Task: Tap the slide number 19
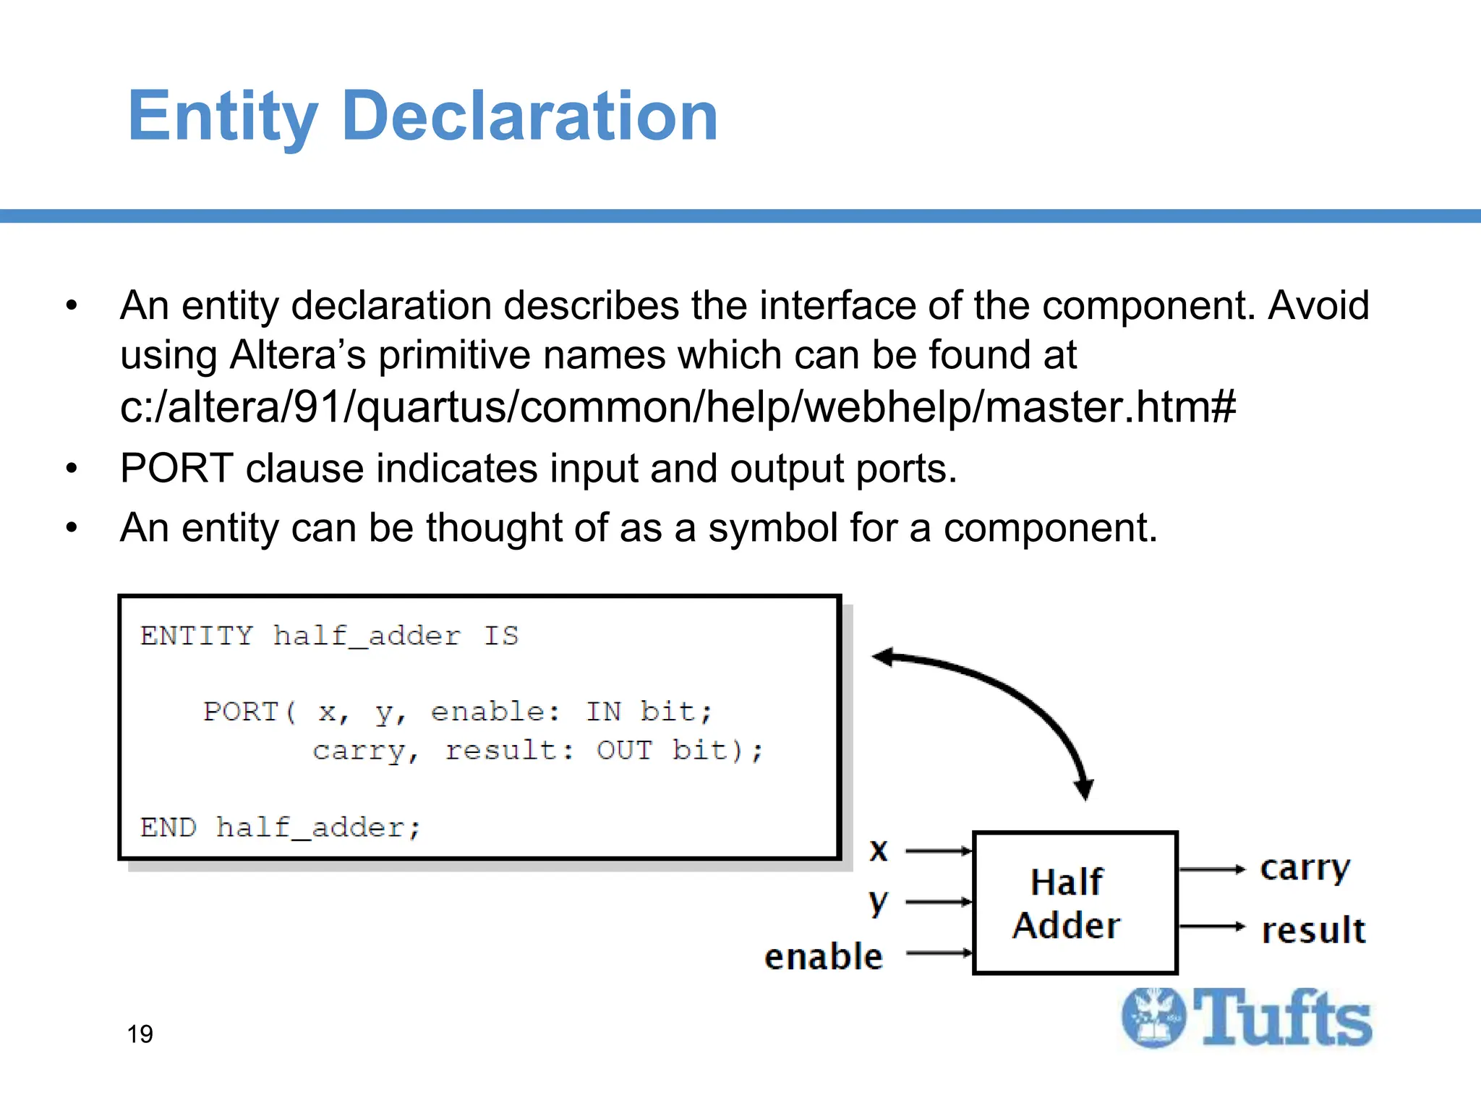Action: (140, 1034)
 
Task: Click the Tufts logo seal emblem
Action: (1153, 1018)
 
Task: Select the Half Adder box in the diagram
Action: (1075, 903)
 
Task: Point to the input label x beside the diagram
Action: (878, 850)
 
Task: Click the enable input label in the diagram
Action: (824, 956)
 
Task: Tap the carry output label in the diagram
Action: (1305, 868)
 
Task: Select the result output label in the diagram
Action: (1313, 930)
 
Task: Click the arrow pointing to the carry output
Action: (1211, 869)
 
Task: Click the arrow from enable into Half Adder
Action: (939, 953)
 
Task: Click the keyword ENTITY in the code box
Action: (197, 636)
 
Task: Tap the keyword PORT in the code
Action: (241, 712)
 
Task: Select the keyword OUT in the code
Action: (624, 750)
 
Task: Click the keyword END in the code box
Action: (168, 827)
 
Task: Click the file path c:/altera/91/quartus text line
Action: (677, 406)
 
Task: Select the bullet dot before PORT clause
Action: (71, 469)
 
